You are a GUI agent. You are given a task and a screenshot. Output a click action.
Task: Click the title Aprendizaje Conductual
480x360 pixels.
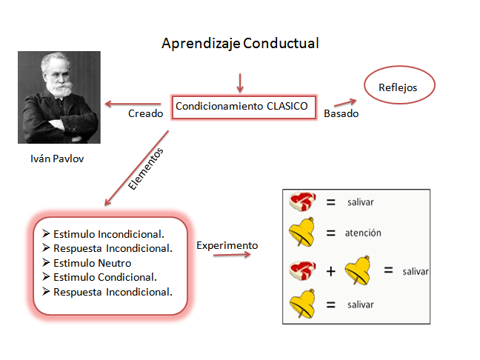240,44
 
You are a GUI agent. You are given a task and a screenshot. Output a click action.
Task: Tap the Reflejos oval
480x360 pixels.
398,87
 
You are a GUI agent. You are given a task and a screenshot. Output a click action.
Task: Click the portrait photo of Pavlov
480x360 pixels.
59,96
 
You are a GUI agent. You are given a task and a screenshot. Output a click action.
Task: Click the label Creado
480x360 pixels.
144,114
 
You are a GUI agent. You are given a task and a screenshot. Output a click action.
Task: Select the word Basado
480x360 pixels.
341,114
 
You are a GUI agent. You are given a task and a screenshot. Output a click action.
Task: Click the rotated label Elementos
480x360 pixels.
145,170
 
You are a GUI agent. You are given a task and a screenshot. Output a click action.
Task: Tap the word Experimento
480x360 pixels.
227,245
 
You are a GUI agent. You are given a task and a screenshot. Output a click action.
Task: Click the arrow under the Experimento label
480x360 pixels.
231,256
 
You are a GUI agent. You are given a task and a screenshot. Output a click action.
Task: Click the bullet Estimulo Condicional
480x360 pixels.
104,277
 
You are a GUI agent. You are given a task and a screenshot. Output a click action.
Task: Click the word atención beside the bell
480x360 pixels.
363,233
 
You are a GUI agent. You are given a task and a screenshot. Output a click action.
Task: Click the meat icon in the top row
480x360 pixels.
302,202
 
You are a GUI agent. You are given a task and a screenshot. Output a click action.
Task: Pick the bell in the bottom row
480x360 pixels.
304,304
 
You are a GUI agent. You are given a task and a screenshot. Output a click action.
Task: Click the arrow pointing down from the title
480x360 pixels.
239,81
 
